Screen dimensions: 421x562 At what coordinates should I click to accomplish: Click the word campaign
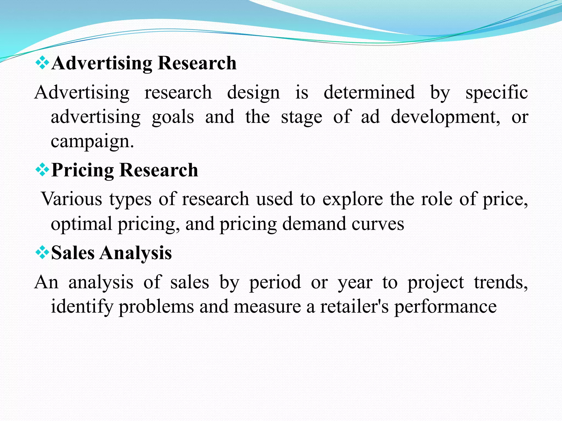pyautogui.click(x=92, y=142)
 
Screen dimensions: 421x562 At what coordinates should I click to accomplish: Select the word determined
pyautogui.click(x=369, y=92)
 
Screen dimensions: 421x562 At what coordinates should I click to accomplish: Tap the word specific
pyautogui.click(x=497, y=92)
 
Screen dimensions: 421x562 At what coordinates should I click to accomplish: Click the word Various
pyautogui.click(x=72, y=199)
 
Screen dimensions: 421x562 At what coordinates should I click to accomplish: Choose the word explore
pyautogui.click(x=353, y=199)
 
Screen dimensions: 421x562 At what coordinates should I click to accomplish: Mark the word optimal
pyautogui.click(x=82, y=224)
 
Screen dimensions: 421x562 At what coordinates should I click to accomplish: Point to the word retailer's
pyautogui.click(x=354, y=306)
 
